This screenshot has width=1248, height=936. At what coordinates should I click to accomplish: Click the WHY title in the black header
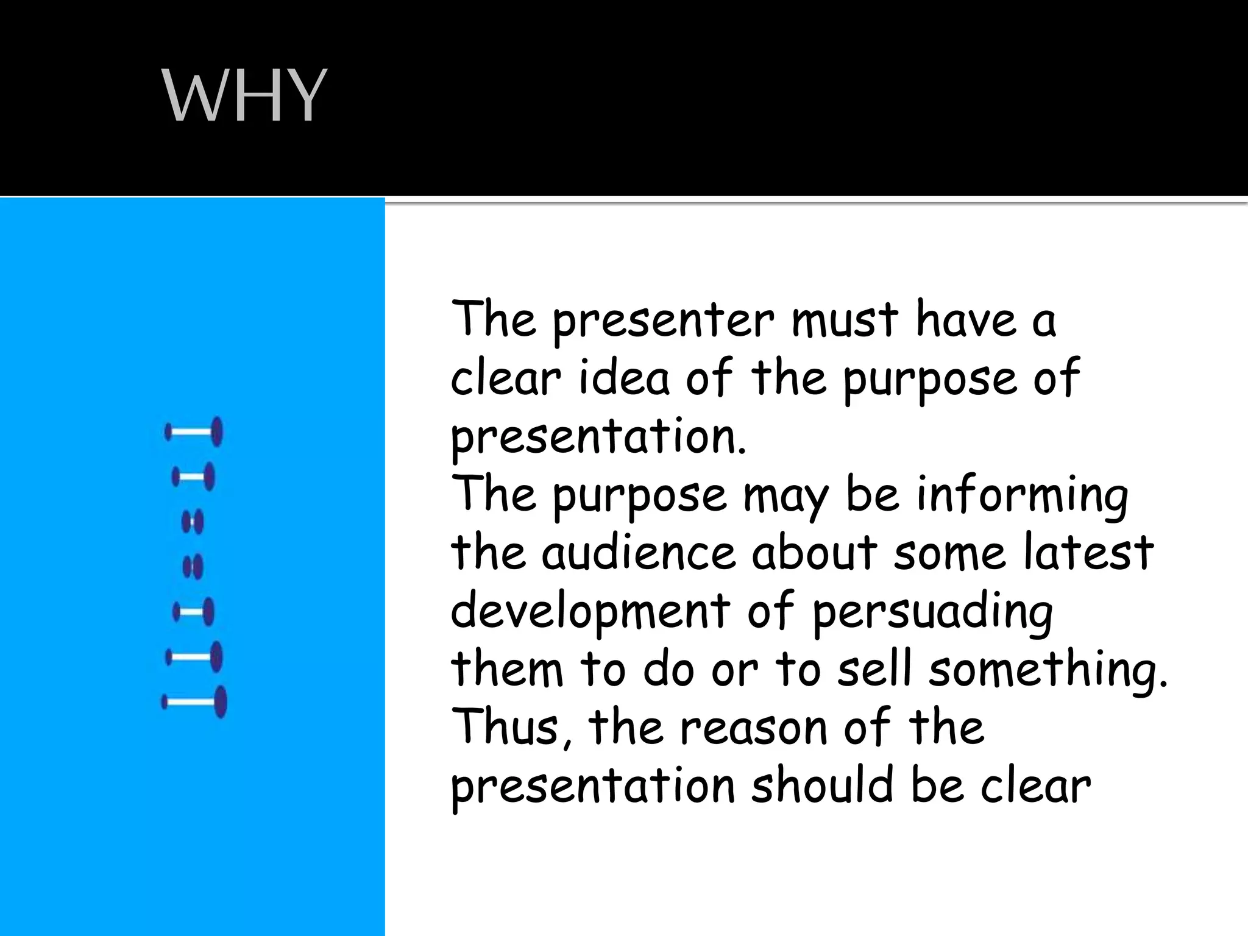[244, 96]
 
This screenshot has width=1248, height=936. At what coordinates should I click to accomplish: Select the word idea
[624, 378]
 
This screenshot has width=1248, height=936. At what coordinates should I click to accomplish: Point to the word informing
[1022, 495]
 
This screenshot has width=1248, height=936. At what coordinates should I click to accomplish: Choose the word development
[590, 611]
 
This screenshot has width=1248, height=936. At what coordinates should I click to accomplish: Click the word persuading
[932, 611]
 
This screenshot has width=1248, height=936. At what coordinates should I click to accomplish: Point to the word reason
[753, 728]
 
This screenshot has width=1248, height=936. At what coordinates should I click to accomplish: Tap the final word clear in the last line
[1035, 785]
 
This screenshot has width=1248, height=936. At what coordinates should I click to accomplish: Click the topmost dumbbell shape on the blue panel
[194, 432]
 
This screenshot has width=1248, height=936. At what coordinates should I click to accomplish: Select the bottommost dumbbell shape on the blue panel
[194, 702]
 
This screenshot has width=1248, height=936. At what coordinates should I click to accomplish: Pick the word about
[814, 553]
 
